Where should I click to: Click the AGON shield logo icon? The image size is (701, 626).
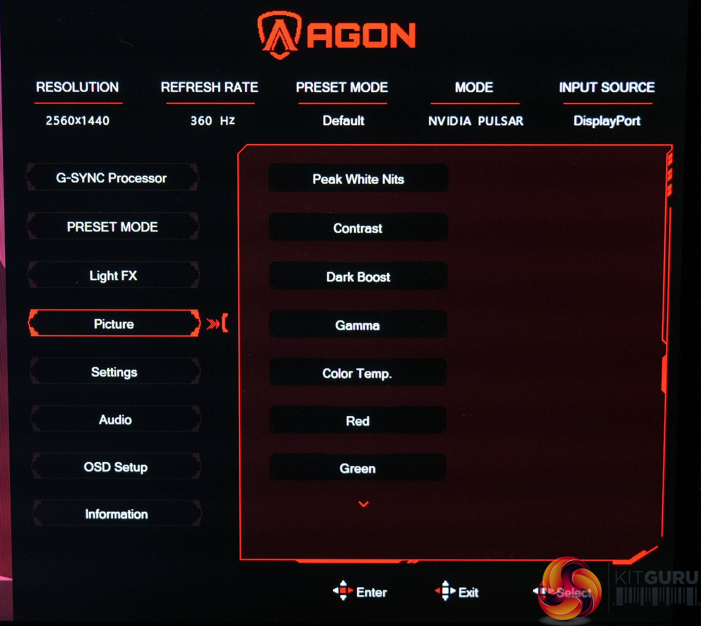[280, 34]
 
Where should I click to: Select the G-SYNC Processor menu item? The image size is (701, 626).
[112, 178]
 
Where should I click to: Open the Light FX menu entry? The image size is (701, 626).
[113, 275]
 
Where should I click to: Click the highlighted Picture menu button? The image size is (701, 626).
[114, 324]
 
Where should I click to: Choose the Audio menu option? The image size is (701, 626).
[115, 420]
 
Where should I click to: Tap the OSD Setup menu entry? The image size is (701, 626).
[116, 467]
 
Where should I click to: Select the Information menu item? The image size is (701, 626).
[116, 514]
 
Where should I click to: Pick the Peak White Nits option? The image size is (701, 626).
[358, 179]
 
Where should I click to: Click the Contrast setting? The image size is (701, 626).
[358, 228]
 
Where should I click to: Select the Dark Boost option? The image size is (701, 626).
[358, 277]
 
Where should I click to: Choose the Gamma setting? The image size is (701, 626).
[357, 325]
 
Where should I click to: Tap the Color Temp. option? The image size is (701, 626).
[357, 373]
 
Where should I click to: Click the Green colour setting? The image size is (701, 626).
[357, 468]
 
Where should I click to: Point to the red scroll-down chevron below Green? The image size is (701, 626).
[364, 504]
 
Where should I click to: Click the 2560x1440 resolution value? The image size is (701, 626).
[78, 121]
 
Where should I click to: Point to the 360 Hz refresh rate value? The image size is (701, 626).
[213, 121]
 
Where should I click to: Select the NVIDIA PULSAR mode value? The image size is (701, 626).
[475, 121]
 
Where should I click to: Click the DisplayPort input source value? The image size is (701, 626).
[607, 121]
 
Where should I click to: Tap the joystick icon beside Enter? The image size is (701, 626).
[343, 591]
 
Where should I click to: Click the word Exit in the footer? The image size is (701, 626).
[468, 592]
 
